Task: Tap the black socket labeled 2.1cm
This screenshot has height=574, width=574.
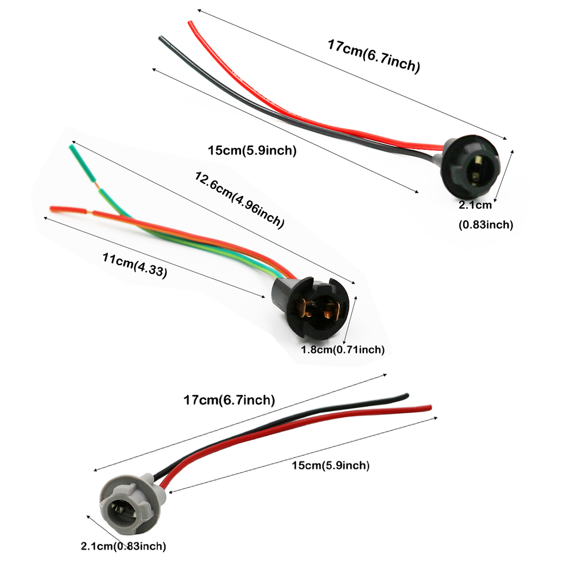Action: tap(470, 167)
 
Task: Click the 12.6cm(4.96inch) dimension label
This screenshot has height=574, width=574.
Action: tap(239, 200)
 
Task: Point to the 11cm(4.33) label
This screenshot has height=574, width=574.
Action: tap(135, 265)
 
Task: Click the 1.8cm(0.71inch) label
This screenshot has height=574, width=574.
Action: tap(343, 350)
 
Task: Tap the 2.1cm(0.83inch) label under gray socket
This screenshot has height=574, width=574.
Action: tap(123, 546)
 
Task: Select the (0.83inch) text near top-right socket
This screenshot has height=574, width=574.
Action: tap(486, 224)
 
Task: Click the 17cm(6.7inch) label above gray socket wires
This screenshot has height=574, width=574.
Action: tap(229, 400)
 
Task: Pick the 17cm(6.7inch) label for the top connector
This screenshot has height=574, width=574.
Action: tap(374, 56)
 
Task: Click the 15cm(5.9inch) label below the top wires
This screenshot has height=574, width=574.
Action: tap(252, 150)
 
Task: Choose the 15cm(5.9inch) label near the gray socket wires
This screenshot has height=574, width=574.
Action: tap(331, 466)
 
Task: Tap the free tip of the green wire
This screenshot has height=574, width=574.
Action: tap(71, 147)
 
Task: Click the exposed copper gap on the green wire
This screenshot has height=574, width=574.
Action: tap(98, 185)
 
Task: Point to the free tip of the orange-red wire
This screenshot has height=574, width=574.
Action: tap(52, 208)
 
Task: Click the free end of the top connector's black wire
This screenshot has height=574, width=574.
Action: tap(161, 38)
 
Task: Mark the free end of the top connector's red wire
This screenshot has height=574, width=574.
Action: tap(189, 22)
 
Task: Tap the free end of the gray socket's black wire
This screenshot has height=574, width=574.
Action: tap(407, 395)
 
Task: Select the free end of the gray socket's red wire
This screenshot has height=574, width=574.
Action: tap(430, 407)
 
